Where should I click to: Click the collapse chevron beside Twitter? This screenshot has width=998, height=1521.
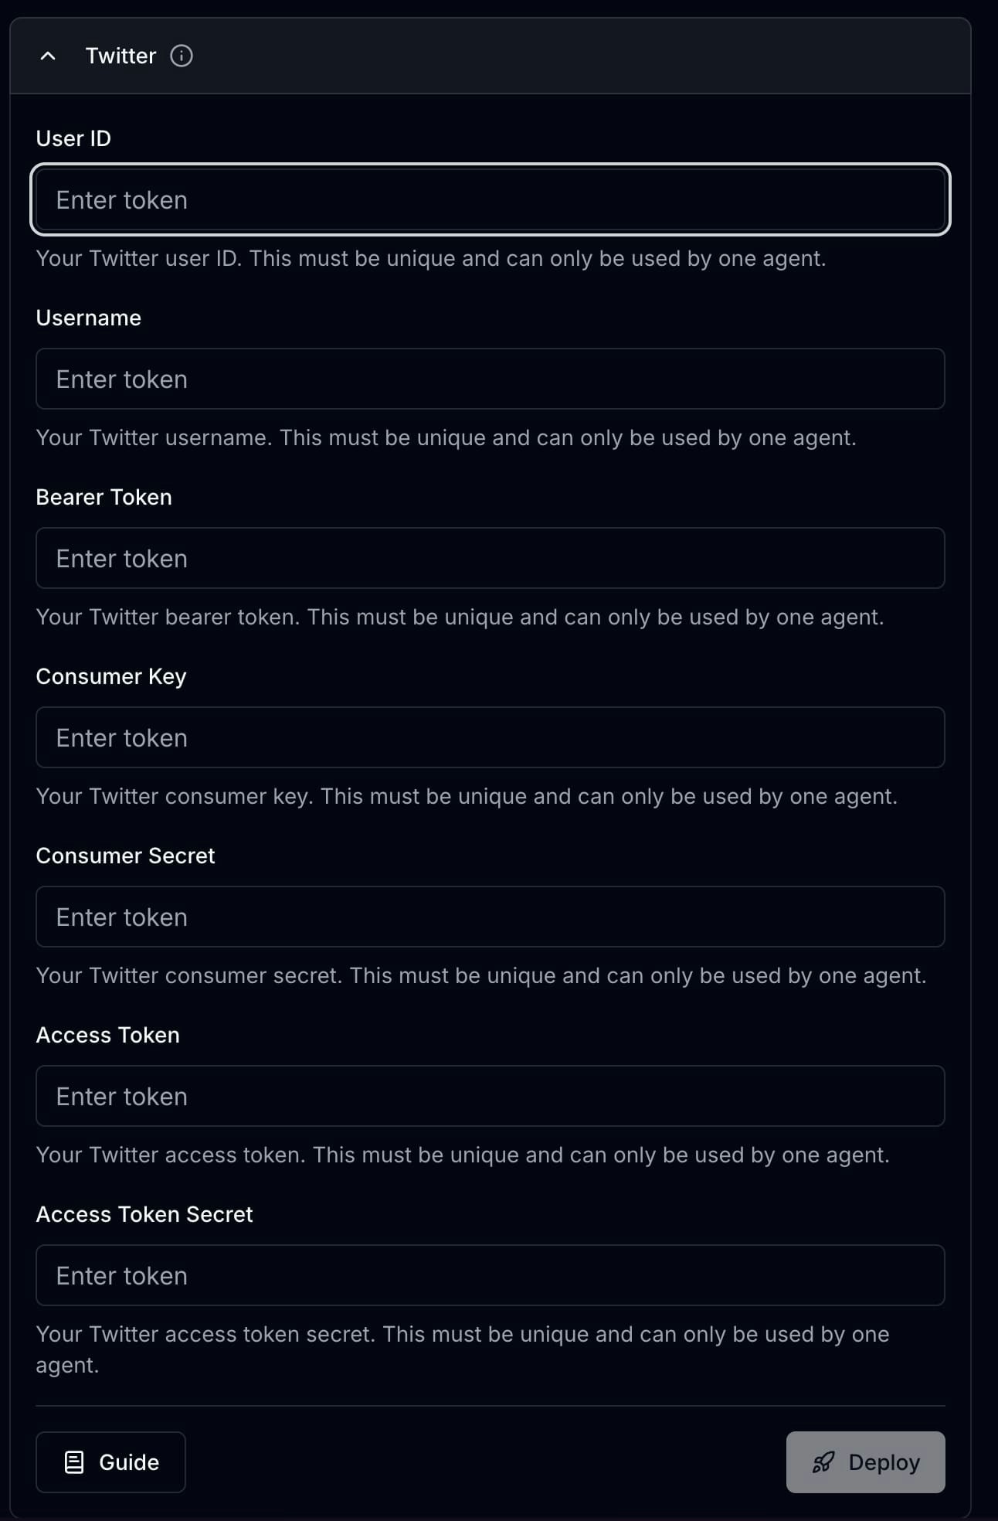tap(48, 56)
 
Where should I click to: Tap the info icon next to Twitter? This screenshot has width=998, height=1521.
tap(182, 56)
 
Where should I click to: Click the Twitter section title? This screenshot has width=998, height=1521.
tap(121, 56)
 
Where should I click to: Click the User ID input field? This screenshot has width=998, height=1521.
tap(490, 199)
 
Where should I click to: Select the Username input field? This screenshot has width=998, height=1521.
tap(490, 379)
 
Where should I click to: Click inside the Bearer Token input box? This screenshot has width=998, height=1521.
tap(490, 558)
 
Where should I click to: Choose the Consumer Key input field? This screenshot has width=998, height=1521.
tap(490, 737)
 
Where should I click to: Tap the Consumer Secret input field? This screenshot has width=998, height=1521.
tap(490, 917)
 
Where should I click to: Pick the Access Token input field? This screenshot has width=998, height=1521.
tap(490, 1096)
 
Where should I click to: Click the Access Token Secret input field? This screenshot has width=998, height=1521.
tap(490, 1275)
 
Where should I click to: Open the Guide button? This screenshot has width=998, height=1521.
tap(110, 1462)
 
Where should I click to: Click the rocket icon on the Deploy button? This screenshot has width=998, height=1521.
tap(823, 1462)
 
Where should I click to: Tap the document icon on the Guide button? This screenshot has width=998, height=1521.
tap(74, 1462)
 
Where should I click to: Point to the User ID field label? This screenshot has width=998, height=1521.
tap(73, 138)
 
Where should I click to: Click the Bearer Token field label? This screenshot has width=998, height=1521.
tap(104, 497)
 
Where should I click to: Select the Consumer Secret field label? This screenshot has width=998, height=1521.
tap(125, 856)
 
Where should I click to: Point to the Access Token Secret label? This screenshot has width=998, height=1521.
tap(144, 1214)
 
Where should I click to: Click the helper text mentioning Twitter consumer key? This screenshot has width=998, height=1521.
tap(466, 796)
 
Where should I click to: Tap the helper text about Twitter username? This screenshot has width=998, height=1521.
tap(446, 437)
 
